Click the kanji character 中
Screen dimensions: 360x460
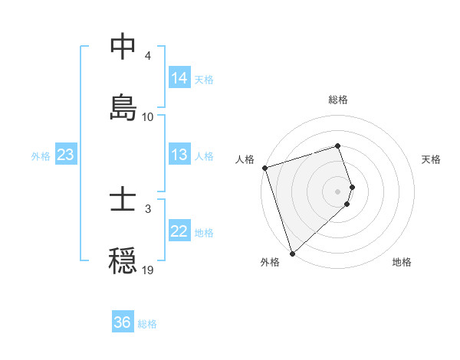(x=123, y=47)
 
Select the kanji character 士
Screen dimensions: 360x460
(x=123, y=201)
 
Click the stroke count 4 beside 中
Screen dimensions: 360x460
(x=148, y=56)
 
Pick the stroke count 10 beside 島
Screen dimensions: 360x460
(x=148, y=116)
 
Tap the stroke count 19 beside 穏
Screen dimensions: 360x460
(x=148, y=270)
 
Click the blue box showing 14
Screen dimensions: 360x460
(x=179, y=77)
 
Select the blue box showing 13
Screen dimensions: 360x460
(x=179, y=155)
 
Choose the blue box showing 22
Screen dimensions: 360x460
(x=179, y=231)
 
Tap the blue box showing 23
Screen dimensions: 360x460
(x=66, y=155)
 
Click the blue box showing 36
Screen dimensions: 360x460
(x=123, y=322)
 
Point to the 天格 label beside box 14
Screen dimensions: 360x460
(x=204, y=79)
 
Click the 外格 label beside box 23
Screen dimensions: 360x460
(x=41, y=156)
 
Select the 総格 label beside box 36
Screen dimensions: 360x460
(x=147, y=324)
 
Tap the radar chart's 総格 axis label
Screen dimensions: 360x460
(x=338, y=100)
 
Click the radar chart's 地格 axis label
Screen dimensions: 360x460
(x=402, y=262)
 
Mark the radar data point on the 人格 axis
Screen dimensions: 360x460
(x=264, y=167)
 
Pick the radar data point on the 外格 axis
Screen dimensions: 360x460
(x=292, y=253)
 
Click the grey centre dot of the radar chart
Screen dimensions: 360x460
(x=338, y=190)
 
